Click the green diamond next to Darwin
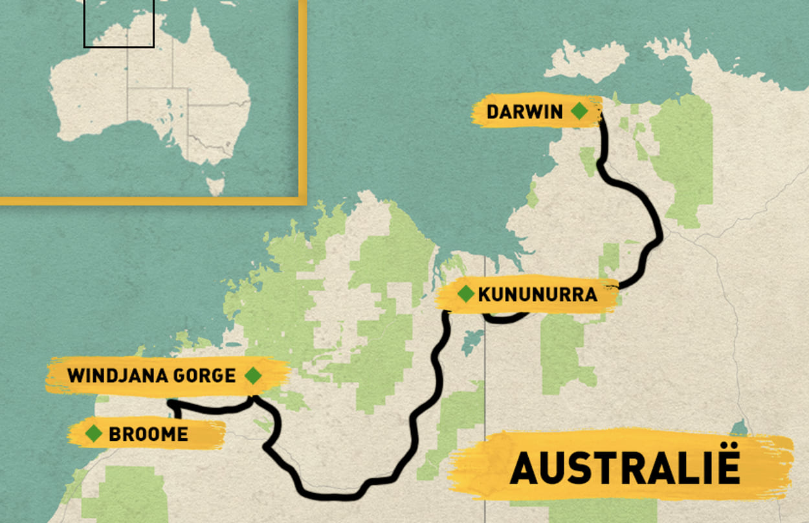point(579,111)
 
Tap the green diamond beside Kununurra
point(465,295)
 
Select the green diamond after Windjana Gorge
point(253,375)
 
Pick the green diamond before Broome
point(94,433)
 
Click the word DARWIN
point(525,112)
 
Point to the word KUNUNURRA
point(537,295)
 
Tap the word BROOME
point(148,434)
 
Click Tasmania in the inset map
point(215,185)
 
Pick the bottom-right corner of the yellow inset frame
point(302,201)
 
